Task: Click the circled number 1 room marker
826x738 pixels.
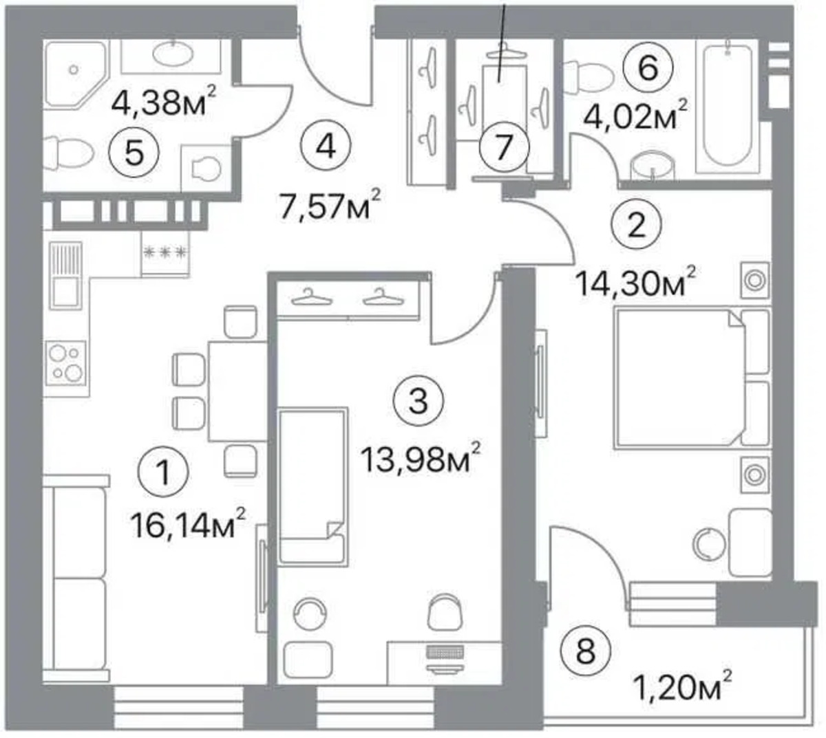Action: coord(164,473)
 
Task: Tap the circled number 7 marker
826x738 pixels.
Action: coord(504,147)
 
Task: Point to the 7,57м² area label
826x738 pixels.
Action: coord(330,204)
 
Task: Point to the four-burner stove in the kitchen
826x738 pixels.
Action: coord(67,362)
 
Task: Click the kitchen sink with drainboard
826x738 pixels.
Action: coord(65,276)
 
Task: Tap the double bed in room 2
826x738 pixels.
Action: coord(692,378)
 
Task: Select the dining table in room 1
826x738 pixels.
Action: coord(237,391)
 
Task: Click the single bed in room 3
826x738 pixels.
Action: coord(313,486)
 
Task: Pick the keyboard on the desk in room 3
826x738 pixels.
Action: coord(445,651)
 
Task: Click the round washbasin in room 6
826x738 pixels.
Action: coord(652,166)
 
